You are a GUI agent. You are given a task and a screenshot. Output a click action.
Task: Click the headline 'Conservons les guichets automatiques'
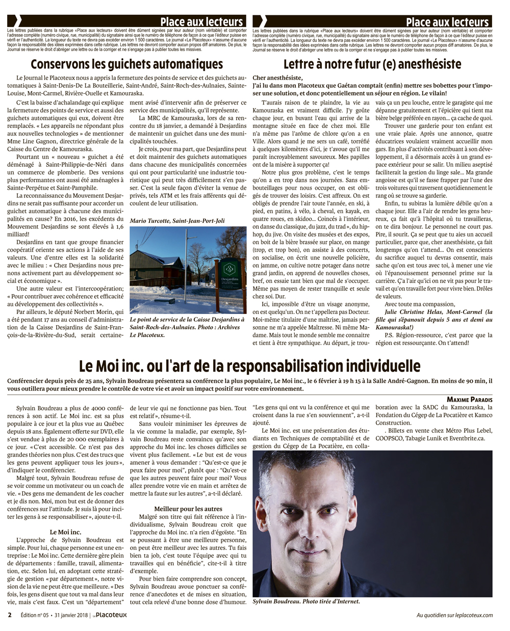[x=126, y=64]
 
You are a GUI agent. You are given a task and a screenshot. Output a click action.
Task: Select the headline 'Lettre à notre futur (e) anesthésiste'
[x=372, y=64]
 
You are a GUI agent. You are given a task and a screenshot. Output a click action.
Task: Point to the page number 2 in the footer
[x=10, y=615]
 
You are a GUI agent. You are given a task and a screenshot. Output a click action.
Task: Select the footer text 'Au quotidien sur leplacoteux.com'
[x=454, y=615]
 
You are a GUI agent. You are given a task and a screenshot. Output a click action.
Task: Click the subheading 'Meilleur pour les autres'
[x=188, y=508]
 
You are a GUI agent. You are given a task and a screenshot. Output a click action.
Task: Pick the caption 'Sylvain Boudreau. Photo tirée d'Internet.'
[x=306, y=601]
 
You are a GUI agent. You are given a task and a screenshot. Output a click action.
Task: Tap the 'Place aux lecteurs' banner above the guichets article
[x=201, y=22]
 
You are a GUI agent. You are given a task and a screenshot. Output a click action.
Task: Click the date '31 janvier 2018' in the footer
[x=71, y=615]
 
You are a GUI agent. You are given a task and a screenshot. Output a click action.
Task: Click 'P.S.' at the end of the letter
[x=390, y=335]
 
